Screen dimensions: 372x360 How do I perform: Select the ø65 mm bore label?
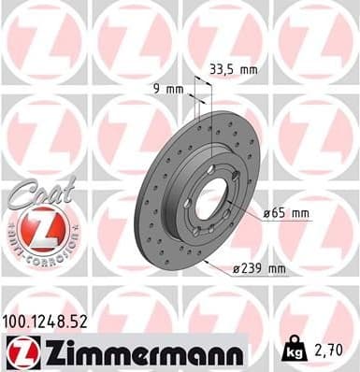(x=286, y=213)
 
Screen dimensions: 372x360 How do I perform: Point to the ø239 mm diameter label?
(x=258, y=269)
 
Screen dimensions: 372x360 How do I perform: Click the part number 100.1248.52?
(x=48, y=321)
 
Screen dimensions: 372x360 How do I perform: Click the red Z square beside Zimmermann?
(x=19, y=351)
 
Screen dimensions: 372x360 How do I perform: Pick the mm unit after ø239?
(x=276, y=269)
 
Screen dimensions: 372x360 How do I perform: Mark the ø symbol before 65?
(x=266, y=213)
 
